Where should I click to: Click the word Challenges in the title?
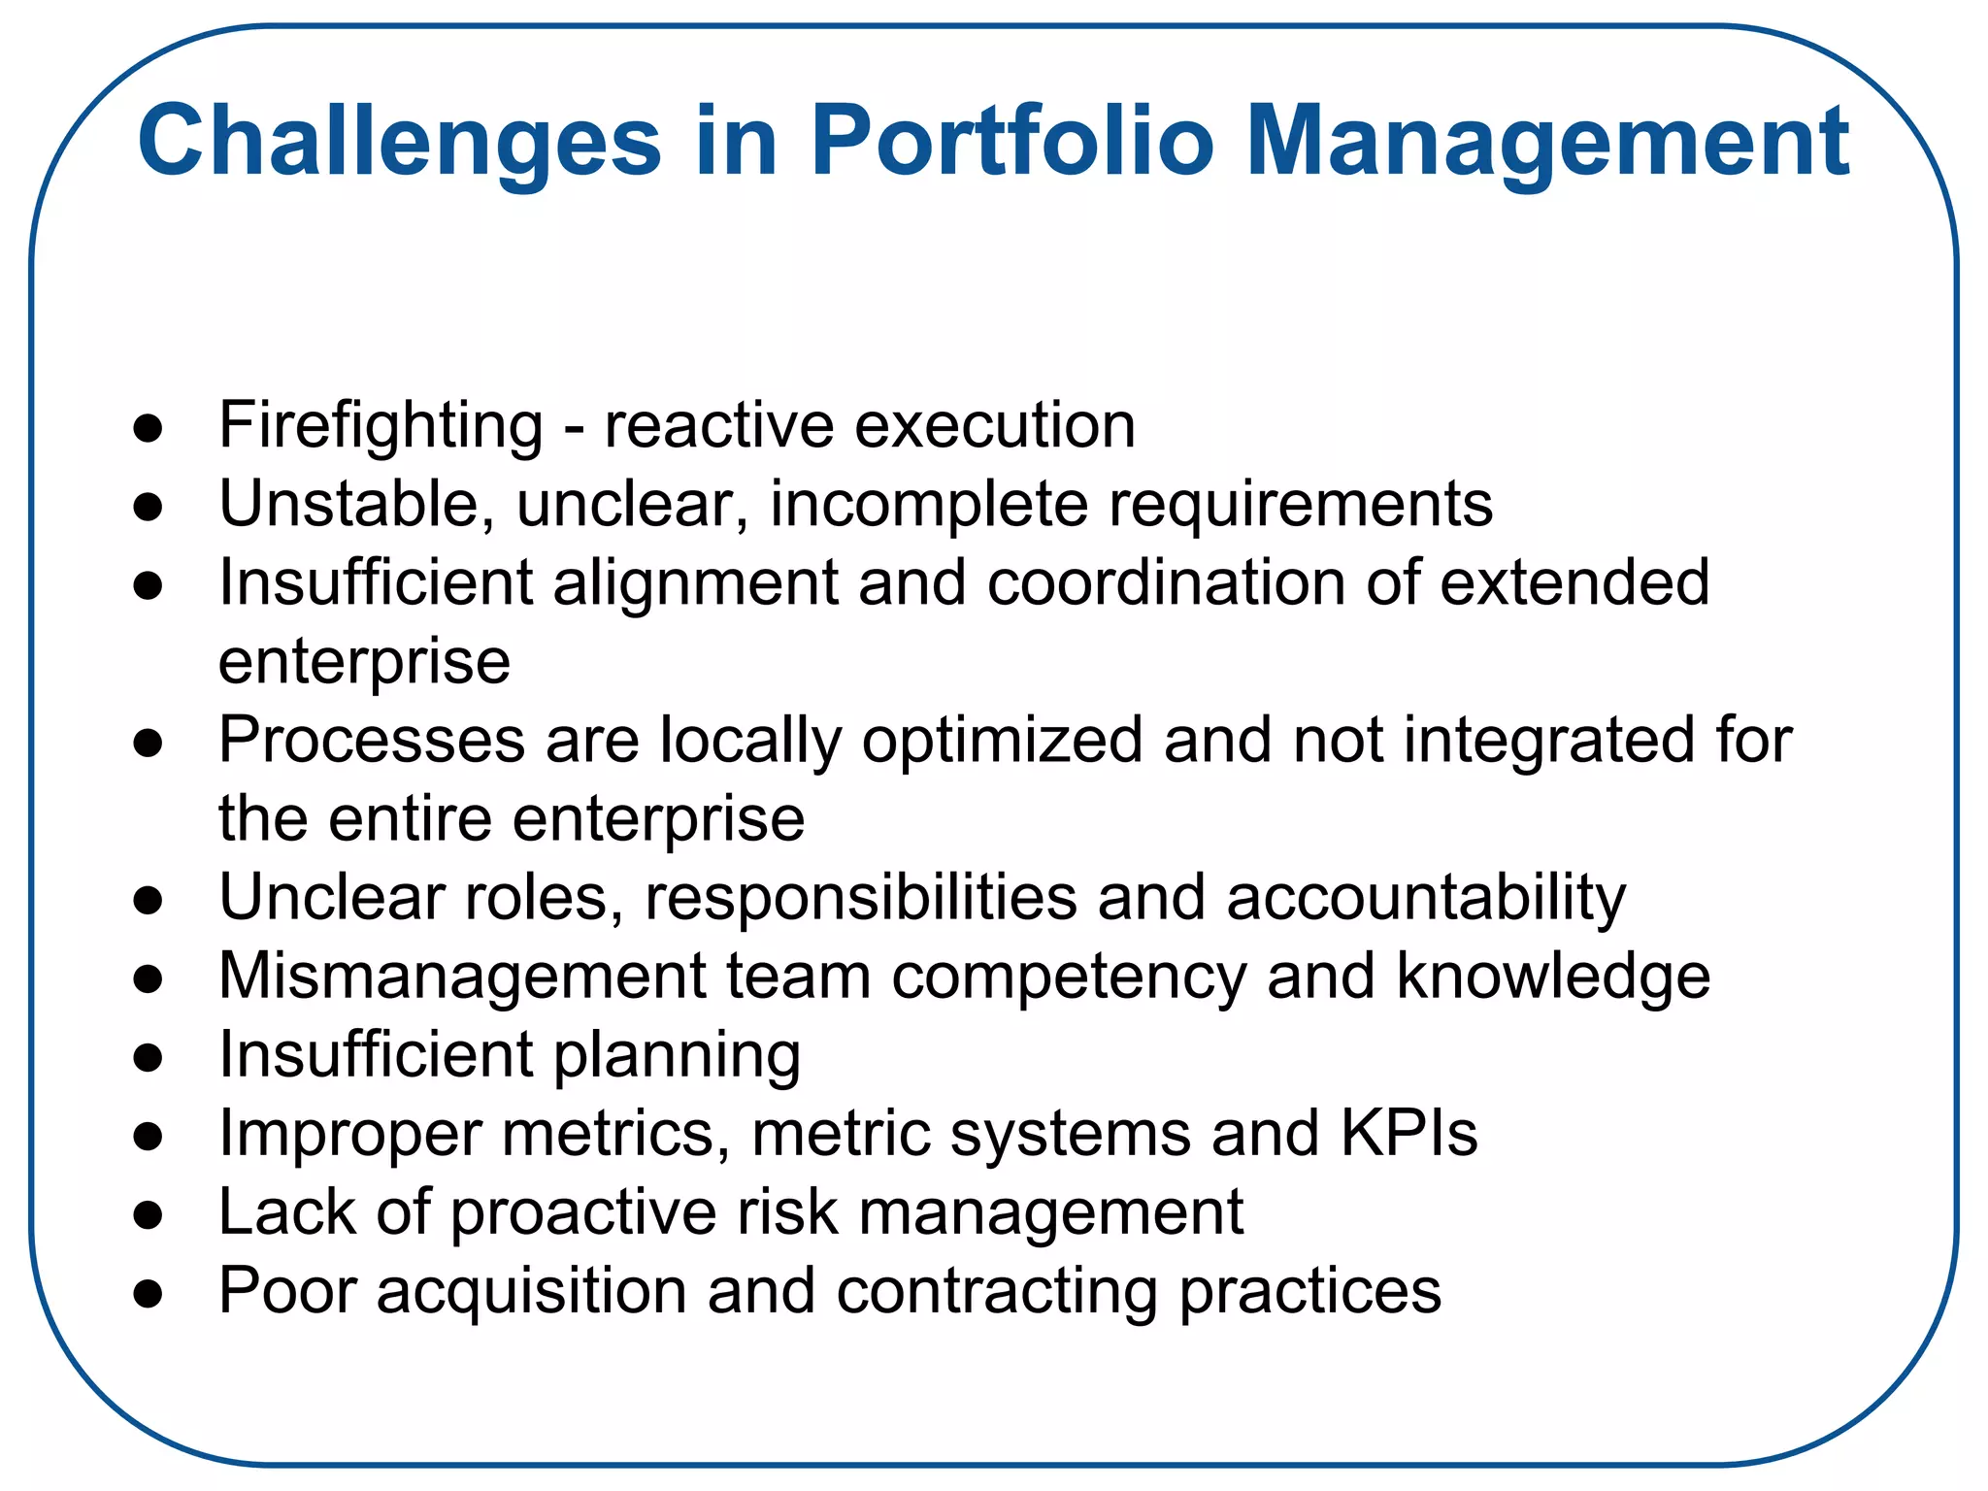pyautogui.click(x=399, y=143)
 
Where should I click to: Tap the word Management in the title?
pyautogui.click(x=1547, y=143)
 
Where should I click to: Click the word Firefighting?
pyautogui.click(x=381, y=426)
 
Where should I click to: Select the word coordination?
pyautogui.click(x=1166, y=582)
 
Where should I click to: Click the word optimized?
pyautogui.click(x=1003, y=742)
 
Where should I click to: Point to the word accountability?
pyautogui.click(x=1426, y=898)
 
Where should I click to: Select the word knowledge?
pyautogui.click(x=1553, y=977)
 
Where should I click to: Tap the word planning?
pyautogui.click(x=678, y=1056)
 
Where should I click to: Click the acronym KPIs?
pyautogui.click(x=1408, y=1133)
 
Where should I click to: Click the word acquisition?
pyautogui.click(x=531, y=1292)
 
